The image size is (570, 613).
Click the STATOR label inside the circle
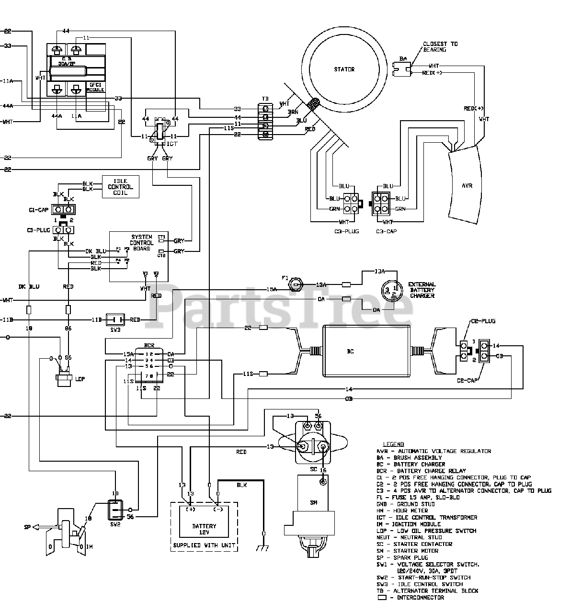[344, 69]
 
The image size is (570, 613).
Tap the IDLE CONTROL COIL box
[120, 187]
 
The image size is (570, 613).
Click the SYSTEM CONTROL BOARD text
[142, 243]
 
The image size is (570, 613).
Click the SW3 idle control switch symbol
[115, 319]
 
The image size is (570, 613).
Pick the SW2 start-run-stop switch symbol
[115, 510]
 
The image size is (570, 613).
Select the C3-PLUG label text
[348, 231]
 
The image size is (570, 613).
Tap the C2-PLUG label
[482, 321]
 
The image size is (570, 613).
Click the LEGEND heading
[393, 444]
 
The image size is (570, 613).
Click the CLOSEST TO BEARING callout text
[440, 46]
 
